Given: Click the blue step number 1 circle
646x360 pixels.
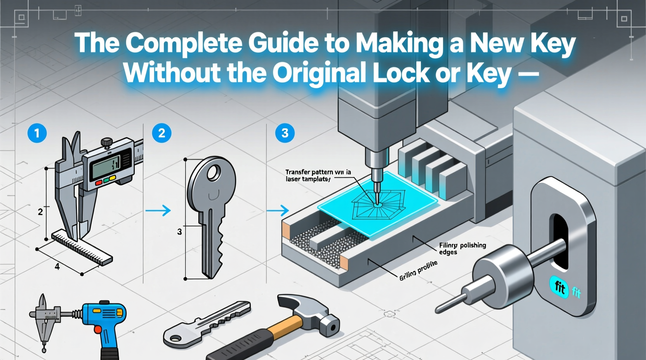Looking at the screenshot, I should point(37,133).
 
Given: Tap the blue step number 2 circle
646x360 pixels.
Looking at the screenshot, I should point(161,133).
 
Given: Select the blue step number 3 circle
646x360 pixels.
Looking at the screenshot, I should point(285,133).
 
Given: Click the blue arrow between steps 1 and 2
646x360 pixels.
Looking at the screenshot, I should point(158,211).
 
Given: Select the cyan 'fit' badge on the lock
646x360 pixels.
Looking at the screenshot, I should point(559,287).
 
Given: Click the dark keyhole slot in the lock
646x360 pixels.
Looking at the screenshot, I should point(560,241).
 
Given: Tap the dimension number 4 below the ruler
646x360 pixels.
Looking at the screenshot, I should point(57,267).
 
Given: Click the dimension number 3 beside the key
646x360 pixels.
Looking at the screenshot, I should point(179,232).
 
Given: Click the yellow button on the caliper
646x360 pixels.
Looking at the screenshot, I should point(112,178).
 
